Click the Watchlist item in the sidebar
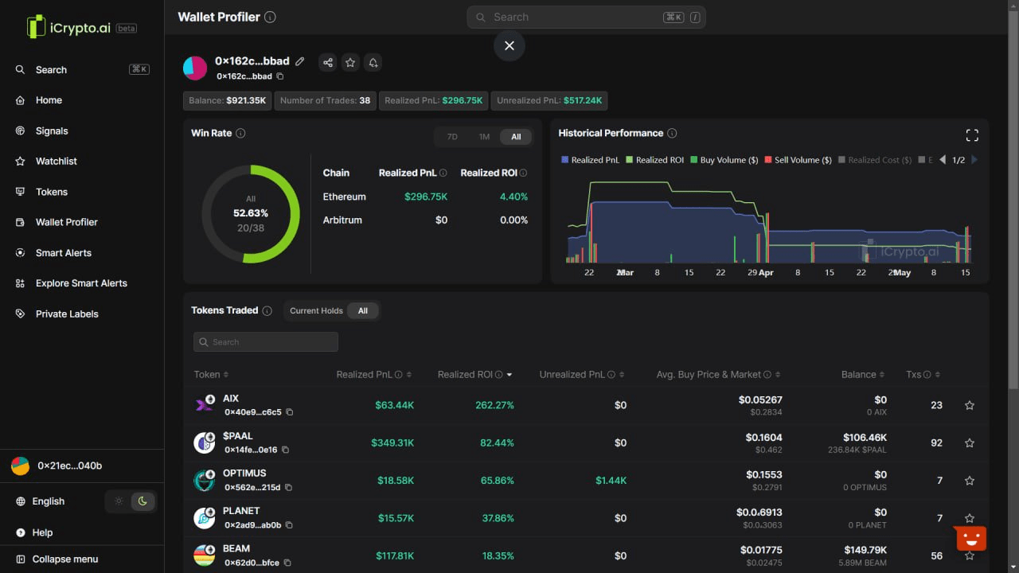pyautogui.click(x=56, y=162)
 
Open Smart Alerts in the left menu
pyautogui.click(x=63, y=253)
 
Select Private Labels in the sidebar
pyautogui.click(x=66, y=314)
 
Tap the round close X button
pyautogui.click(x=509, y=46)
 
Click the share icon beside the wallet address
pyautogui.click(x=327, y=63)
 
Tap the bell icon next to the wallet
pyautogui.click(x=373, y=63)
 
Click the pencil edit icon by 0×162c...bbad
pyautogui.click(x=300, y=61)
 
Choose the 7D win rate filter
pyautogui.click(x=452, y=137)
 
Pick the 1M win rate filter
pyautogui.click(x=484, y=137)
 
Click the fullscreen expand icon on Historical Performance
pyautogui.click(x=972, y=134)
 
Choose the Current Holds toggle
pyautogui.click(x=316, y=311)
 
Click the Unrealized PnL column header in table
pyautogui.click(x=572, y=375)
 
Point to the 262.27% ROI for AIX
pyautogui.click(x=494, y=405)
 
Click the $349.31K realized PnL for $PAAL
pyautogui.click(x=392, y=443)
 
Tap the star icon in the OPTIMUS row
pyautogui.click(x=970, y=481)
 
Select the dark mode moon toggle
pyautogui.click(x=143, y=501)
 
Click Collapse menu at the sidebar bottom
pyautogui.click(x=64, y=559)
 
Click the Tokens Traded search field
pyautogui.click(x=266, y=342)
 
